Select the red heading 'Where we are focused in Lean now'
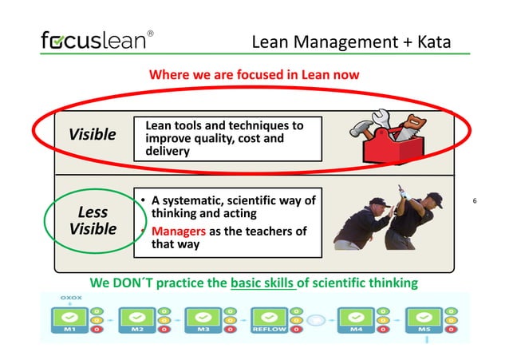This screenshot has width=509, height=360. [254, 75]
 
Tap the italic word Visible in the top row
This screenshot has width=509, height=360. [93, 134]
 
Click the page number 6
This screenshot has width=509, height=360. [475, 200]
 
